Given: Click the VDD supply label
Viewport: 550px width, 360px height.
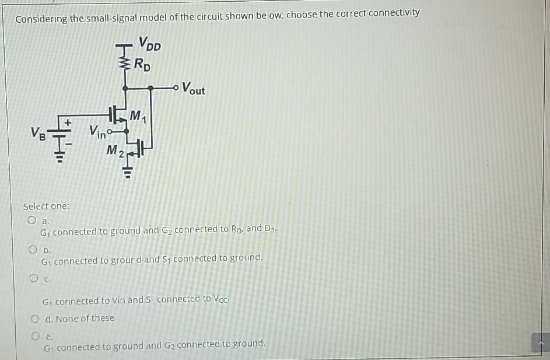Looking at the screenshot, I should [150, 44].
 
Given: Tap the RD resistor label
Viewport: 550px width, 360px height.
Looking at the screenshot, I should [142, 64].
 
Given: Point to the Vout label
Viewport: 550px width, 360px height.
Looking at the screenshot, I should [193, 89].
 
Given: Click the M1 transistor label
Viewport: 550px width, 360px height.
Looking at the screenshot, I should [138, 116].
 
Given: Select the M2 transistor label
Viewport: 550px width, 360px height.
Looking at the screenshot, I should [114, 151].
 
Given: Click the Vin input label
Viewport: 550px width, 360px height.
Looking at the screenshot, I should [97, 133].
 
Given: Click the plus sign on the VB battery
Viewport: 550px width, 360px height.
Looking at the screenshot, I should [68, 123].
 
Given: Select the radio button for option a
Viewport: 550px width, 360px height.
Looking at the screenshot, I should [32, 221].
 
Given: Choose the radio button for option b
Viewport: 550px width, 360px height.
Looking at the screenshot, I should [33, 250].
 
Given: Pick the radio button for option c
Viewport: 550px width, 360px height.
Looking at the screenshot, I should [34, 278].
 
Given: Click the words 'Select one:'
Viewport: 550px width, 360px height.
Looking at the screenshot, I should [46, 206].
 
